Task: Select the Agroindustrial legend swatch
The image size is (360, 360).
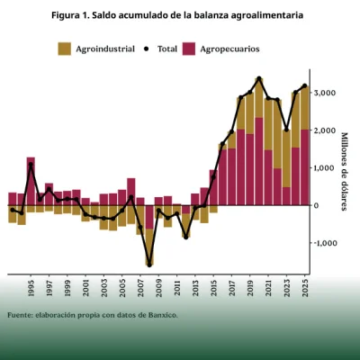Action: pos(65,48)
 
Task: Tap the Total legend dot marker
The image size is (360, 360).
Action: pos(148,48)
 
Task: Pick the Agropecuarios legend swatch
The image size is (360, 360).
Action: pos(191,48)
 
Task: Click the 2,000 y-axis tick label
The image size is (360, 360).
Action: pos(326,130)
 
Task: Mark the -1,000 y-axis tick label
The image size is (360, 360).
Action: pos(325,243)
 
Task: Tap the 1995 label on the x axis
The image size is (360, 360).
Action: pos(31,287)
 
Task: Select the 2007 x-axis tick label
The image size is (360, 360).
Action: pos(141,287)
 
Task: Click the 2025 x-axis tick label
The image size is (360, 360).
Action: pos(305,287)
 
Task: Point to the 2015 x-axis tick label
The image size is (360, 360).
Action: pos(214,287)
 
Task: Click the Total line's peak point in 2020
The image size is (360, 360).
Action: pos(259,79)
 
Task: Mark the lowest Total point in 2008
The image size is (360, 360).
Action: pos(149,264)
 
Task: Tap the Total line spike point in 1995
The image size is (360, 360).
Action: pos(31,165)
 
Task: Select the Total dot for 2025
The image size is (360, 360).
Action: pos(305,86)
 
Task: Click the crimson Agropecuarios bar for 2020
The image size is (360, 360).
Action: pos(259,162)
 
